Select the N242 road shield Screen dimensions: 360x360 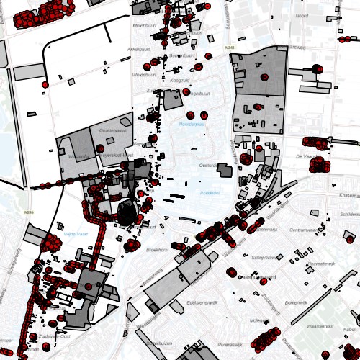(x=230, y=48)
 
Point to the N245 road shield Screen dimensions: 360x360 (x=30, y=212)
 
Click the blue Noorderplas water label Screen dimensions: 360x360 (x=192, y=125)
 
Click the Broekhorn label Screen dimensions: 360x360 (x=157, y=248)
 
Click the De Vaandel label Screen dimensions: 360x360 (x=306, y=156)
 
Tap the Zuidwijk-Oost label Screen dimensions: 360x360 (x=54, y=336)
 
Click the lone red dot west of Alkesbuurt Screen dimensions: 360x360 (x=45, y=84)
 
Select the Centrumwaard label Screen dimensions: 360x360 (x=302, y=230)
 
